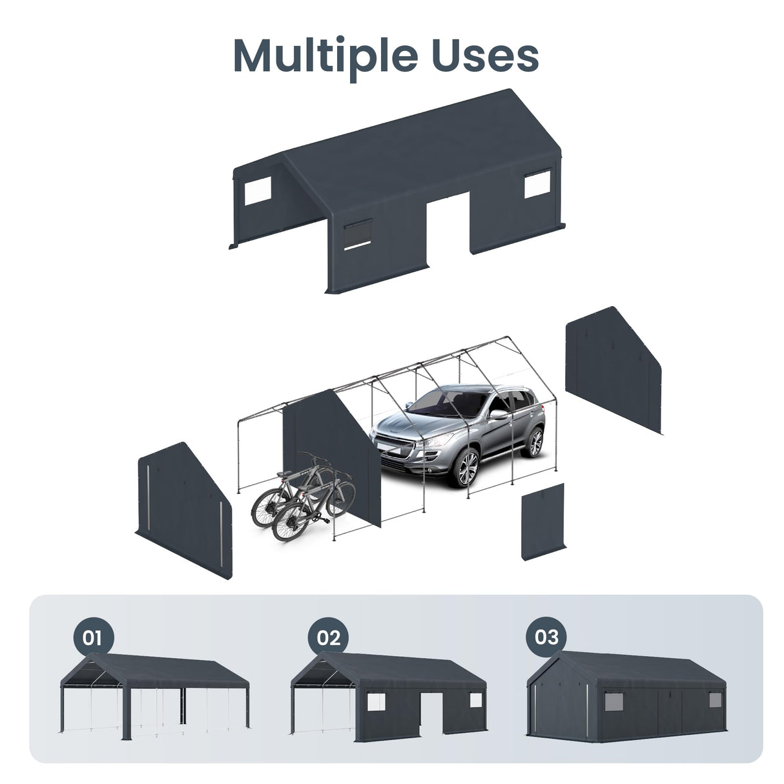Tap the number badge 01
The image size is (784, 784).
pyautogui.click(x=92, y=637)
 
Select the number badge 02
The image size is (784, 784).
pyautogui.click(x=328, y=637)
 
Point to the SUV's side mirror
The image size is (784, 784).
pyautogui.click(x=497, y=415)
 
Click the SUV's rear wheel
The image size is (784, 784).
pyautogui.click(x=534, y=442)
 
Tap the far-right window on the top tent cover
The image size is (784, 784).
pyautogui.click(x=537, y=185)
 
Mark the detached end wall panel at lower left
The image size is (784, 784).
pyautogui.click(x=183, y=510)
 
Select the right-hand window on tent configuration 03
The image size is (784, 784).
pyautogui.click(x=715, y=699)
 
